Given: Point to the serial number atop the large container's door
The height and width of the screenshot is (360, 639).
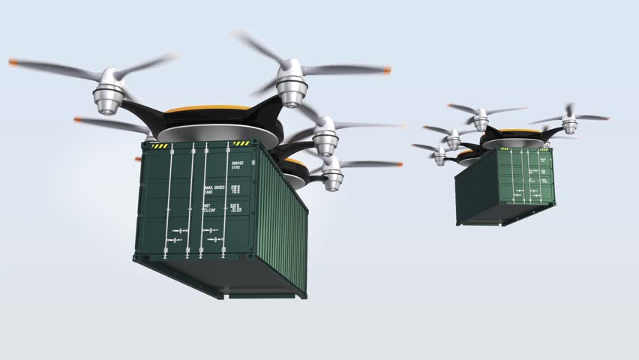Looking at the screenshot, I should tap(236, 164).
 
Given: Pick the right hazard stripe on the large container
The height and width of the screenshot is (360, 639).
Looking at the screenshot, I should tap(241, 143).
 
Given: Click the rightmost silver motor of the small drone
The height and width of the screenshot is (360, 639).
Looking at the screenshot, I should tap(569, 125).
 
